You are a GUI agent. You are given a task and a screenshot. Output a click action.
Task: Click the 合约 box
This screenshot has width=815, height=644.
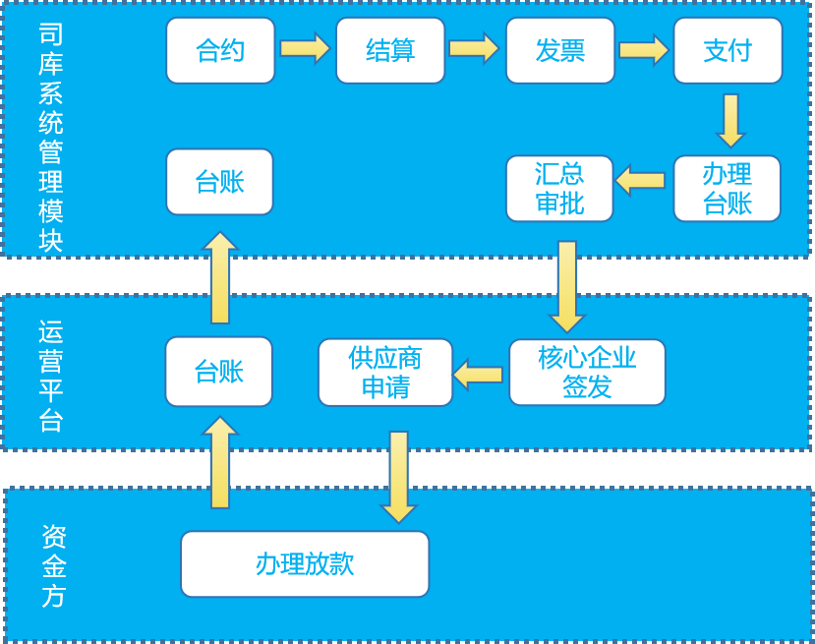[x=220, y=50]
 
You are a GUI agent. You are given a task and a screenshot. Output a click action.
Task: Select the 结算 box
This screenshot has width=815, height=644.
[x=390, y=50]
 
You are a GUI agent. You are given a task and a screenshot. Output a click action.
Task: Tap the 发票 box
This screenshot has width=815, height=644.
[x=560, y=50]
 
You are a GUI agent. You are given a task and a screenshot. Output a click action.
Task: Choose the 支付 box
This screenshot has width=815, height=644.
[x=728, y=50]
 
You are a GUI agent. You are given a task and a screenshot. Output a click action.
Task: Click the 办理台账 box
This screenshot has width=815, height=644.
[x=728, y=188]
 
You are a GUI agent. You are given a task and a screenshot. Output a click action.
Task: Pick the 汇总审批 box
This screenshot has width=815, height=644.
[x=559, y=188]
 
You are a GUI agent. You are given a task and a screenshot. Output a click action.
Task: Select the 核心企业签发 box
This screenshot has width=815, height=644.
[x=587, y=372]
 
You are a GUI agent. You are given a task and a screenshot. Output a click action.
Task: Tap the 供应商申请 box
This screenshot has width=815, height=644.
[x=385, y=372]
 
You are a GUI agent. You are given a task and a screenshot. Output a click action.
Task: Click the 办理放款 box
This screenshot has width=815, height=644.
[x=305, y=563]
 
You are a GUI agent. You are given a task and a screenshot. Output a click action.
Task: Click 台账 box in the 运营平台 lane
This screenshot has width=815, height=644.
[x=218, y=371]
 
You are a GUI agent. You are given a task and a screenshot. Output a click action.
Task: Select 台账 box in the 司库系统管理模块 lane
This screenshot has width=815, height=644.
[x=219, y=181]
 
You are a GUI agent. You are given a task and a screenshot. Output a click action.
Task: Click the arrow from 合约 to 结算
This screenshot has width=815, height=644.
[x=305, y=48]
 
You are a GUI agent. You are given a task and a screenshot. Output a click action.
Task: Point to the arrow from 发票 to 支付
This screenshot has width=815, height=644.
[x=644, y=49]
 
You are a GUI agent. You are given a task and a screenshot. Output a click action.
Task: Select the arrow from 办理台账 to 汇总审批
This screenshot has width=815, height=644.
[x=641, y=180]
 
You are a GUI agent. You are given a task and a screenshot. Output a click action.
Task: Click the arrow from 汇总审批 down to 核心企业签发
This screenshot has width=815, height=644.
[x=567, y=286]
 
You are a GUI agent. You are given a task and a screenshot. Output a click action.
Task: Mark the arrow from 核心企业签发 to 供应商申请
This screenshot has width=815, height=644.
[x=479, y=374]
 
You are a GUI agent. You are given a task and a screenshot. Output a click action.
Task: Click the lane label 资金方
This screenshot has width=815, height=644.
[x=54, y=565]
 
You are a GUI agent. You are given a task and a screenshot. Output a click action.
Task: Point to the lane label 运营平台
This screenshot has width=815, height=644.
[x=51, y=376]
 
